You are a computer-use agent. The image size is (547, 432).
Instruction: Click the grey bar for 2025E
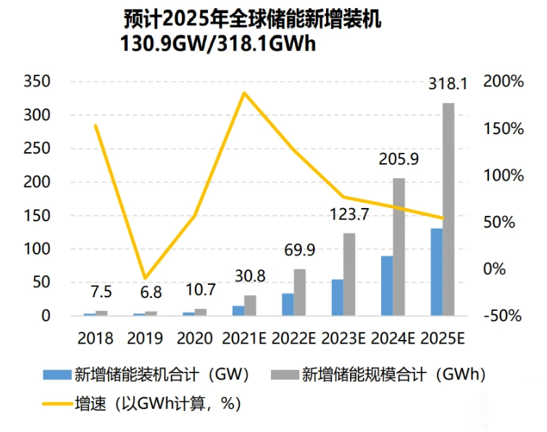(448, 209)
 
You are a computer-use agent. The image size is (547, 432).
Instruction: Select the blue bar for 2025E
(436, 273)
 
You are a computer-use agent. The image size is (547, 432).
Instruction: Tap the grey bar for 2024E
(399, 247)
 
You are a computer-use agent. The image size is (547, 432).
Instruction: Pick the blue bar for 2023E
(337, 298)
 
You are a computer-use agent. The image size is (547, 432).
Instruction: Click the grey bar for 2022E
(299, 292)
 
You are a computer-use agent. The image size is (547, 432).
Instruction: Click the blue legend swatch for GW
(56, 375)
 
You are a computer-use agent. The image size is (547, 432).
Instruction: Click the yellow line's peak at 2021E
(244, 93)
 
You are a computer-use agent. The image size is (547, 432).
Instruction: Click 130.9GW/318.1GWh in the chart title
(222, 43)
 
